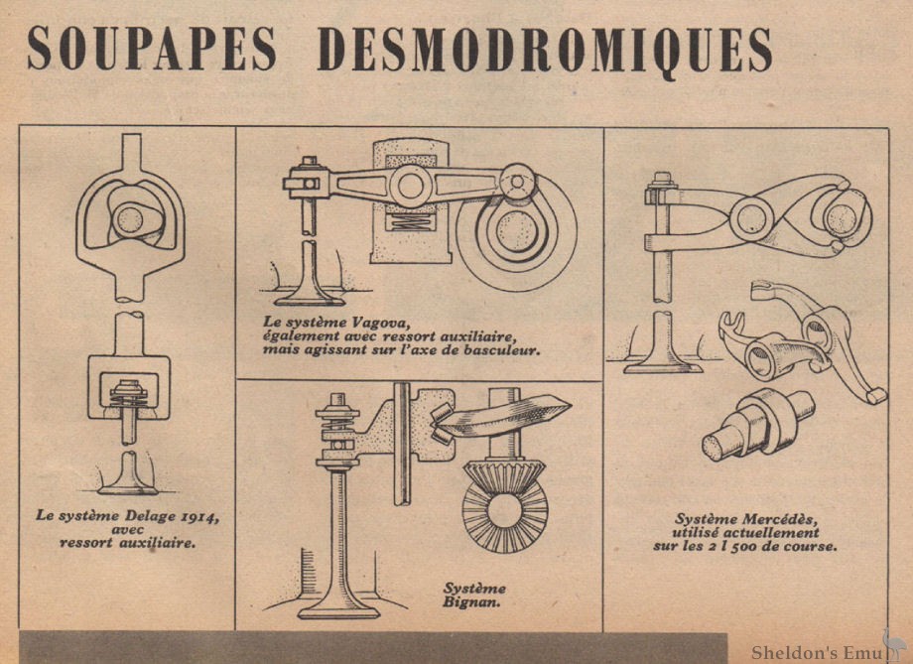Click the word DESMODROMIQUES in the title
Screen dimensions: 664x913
544,48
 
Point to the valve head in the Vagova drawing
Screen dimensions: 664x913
312,295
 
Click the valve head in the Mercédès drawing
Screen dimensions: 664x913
662,364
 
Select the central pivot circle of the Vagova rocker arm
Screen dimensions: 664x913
405,187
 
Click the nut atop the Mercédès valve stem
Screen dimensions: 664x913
659,183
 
